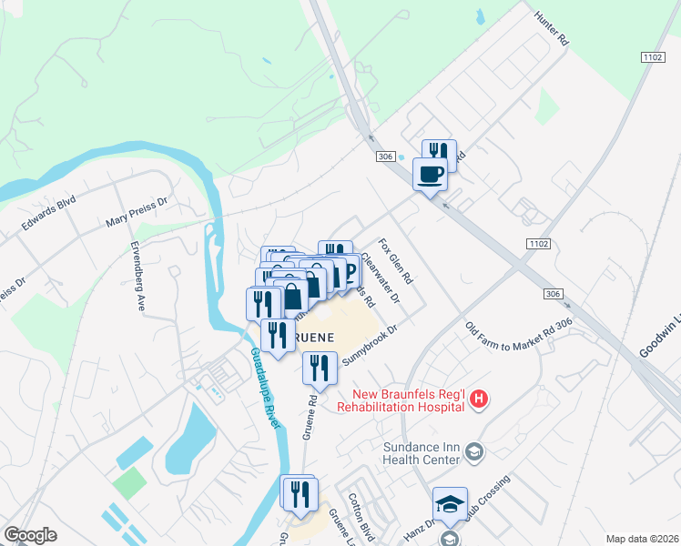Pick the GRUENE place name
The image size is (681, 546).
[x=307, y=337]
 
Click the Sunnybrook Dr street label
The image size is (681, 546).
[x=371, y=345]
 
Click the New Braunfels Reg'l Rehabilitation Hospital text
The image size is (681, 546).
[x=401, y=401]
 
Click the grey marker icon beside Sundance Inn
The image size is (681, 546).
[x=473, y=451]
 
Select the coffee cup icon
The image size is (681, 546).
[x=430, y=173]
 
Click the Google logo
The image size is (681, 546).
[x=30, y=535]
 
